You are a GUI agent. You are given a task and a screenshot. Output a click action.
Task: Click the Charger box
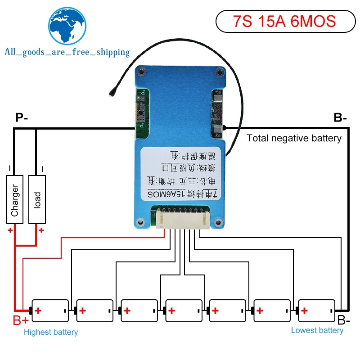pos(15,200)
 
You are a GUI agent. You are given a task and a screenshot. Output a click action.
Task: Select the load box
pos(37,200)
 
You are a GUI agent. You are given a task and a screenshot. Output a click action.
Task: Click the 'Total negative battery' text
pos(294,138)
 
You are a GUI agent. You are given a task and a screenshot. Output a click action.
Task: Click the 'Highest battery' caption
pos(50,332)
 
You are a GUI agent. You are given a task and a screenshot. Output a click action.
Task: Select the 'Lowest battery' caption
pos(317,330)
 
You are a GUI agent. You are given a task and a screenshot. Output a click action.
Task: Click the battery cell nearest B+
pos(49,310)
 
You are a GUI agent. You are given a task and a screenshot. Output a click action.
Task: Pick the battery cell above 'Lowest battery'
pos(316,310)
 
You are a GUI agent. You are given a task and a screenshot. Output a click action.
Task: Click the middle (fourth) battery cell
pos(183,310)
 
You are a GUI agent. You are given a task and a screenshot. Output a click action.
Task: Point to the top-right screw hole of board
pos(219,72)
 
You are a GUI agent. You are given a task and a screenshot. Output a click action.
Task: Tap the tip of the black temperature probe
pos(111,95)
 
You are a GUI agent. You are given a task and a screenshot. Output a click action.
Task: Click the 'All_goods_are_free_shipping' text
pos(67,52)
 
